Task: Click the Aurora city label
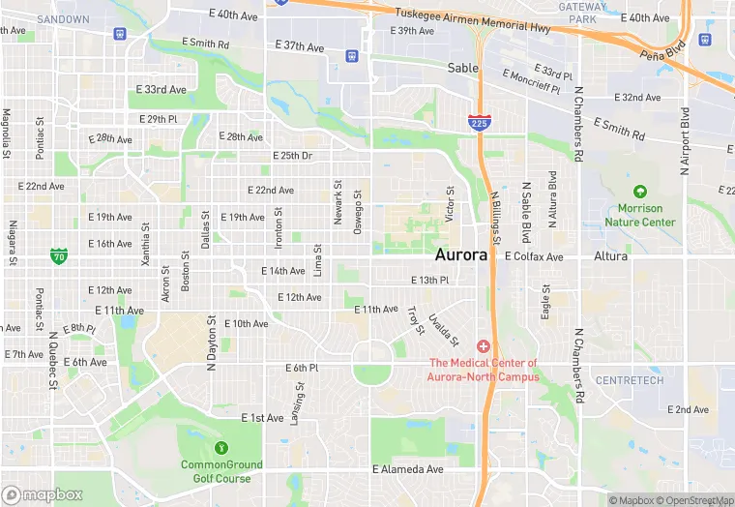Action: (466, 255)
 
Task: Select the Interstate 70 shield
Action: (59, 256)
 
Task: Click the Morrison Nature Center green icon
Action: (639, 193)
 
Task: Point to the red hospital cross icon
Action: (484, 346)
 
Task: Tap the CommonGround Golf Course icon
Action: (221, 448)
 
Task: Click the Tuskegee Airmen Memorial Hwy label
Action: (473, 20)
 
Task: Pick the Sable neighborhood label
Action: (463, 68)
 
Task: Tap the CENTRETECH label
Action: (629, 380)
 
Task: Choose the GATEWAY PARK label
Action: (583, 13)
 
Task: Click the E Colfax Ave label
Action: (534, 256)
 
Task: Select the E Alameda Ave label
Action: (408, 469)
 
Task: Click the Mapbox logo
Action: (43, 494)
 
